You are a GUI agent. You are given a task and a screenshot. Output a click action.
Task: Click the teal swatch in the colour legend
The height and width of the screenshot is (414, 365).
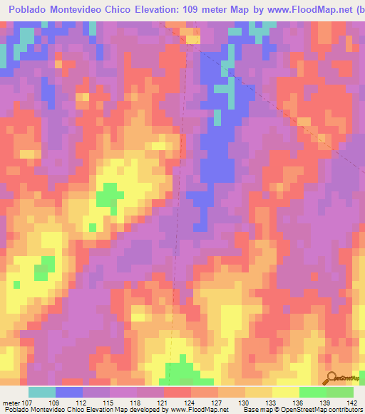[42, 392]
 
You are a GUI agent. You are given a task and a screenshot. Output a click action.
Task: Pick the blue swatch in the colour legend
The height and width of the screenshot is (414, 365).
[69, 392]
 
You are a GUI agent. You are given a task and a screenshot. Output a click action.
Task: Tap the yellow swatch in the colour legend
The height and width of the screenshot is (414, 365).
[286, 392]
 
